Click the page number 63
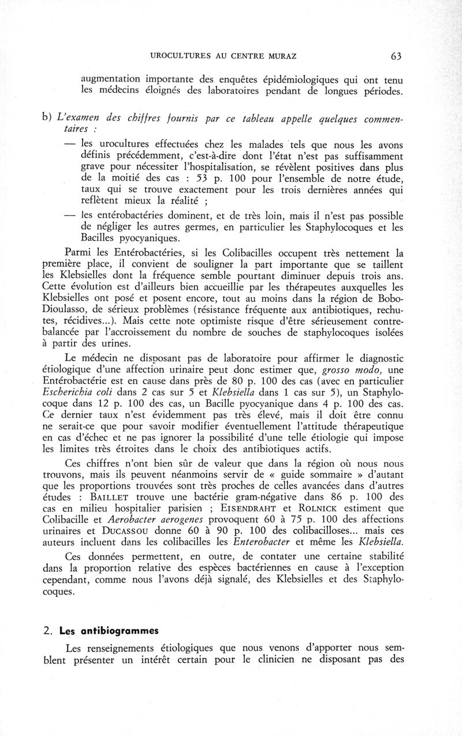pyautogui.click(x=396, y=56)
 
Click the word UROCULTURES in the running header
pyautogui.click(x=179, y=56)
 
